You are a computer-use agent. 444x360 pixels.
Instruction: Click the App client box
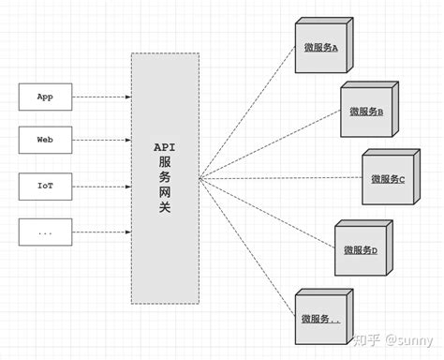click(44, 97)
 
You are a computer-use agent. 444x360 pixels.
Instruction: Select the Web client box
click(44, 141)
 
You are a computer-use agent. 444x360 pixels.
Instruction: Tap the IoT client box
click(44, 186)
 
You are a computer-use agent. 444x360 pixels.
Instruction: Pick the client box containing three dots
click(44, 231)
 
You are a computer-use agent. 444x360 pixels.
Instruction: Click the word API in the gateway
click(165, 147)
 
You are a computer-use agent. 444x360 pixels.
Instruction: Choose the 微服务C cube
click(387, 178)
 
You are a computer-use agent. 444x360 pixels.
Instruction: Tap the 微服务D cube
click(361, 248)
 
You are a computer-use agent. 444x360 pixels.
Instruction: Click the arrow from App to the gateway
click(101, 97)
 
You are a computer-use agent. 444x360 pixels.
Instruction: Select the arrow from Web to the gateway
click(101, 141)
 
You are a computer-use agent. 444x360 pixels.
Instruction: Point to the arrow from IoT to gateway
click(101, 186)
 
